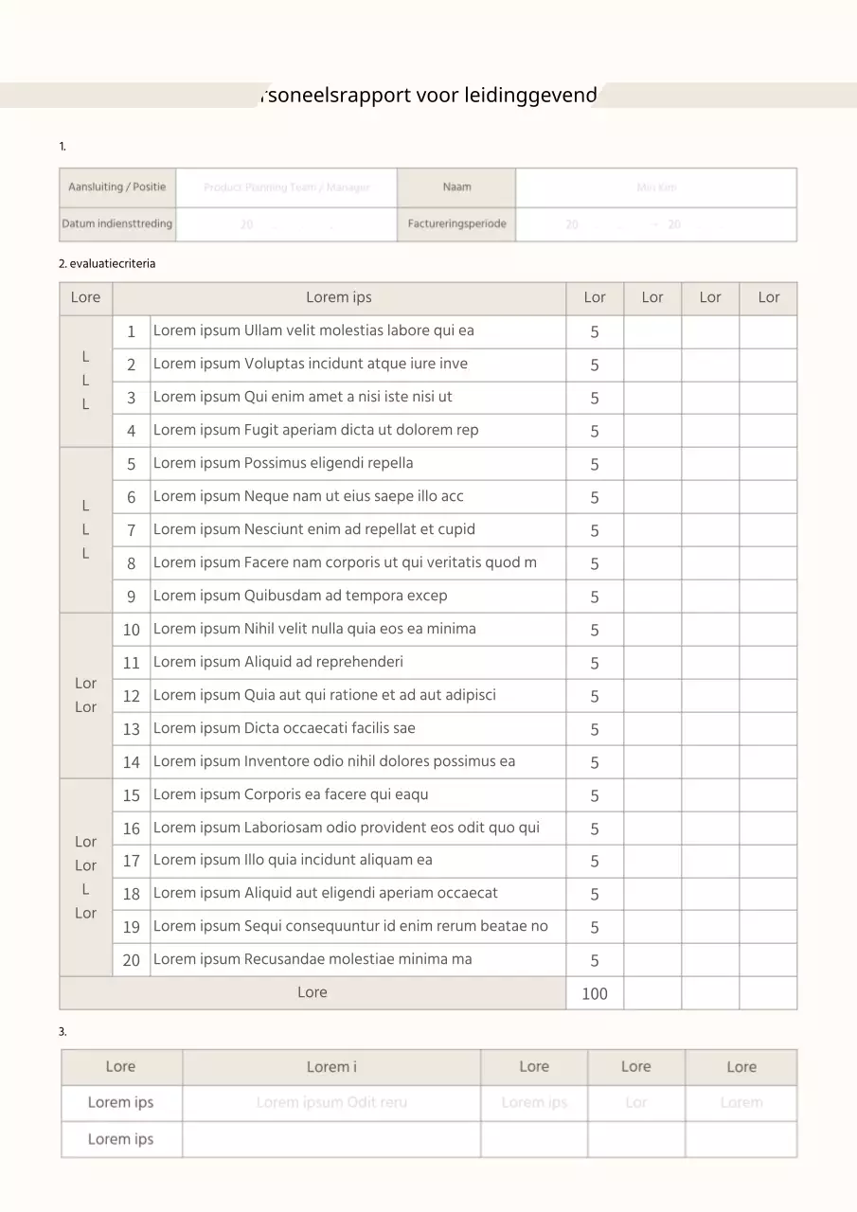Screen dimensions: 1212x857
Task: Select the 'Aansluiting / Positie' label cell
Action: point(116,187)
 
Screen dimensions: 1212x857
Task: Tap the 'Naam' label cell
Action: point(456,187)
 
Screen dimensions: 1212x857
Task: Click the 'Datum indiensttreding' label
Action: point(116,224)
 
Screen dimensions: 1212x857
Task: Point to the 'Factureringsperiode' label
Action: point(456,224)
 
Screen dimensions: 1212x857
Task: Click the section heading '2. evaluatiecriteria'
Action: point(107,264)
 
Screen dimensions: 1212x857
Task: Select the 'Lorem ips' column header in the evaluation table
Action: point(338,297)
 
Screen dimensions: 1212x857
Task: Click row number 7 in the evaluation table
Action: point(131,530)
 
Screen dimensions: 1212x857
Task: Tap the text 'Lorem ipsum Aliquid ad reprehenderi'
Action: point(277,662)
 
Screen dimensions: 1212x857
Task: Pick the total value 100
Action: point(594,993)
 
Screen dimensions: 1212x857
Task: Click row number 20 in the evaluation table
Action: point(131,960)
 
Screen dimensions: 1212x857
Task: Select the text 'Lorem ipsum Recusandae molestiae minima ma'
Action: point(312,959)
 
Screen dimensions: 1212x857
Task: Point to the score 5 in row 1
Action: point(594,332)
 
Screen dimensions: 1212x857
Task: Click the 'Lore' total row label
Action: point(312,992)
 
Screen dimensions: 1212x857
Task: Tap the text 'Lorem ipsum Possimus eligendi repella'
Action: point(283,463)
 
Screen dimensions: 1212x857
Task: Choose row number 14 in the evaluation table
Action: point(131,762)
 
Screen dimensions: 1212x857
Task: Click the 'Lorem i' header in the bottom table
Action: point(331,1067)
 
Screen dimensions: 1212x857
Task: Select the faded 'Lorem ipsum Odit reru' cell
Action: point(331,1103)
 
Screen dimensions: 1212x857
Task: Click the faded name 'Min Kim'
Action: point(656,187)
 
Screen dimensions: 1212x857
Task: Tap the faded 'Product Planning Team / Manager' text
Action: point(286,187)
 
